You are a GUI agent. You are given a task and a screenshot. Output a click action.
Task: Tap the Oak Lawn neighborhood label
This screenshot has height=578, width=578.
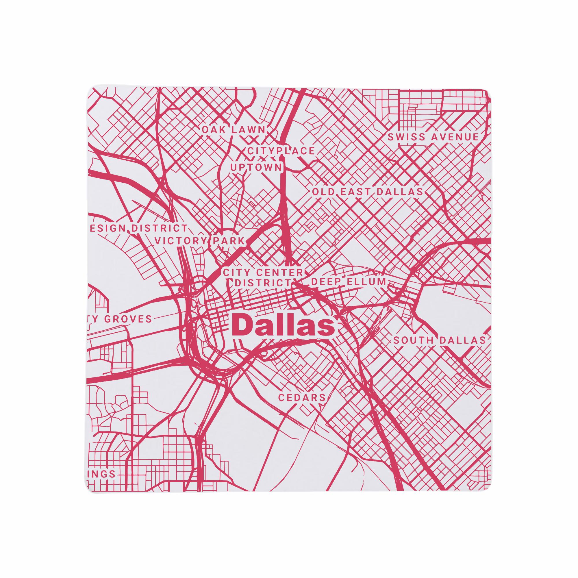[x=234, y=130]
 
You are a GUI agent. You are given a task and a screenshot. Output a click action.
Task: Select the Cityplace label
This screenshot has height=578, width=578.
[x=281, y=151]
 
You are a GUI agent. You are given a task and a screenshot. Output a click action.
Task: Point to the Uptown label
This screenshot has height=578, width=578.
[x=256, y=168]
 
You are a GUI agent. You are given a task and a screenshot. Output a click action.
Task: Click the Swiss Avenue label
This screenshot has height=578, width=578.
[x=433, y=137]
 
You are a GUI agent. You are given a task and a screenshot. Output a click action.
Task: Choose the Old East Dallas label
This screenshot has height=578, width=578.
[x=367, y=192]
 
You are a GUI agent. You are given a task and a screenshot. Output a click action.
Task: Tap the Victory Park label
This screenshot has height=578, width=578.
[x=200, y=241]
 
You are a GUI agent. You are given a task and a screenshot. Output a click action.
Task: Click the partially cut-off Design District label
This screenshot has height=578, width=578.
[x=138, y=228]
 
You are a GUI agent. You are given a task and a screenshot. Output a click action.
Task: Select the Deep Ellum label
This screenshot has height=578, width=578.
[x=349, y=281]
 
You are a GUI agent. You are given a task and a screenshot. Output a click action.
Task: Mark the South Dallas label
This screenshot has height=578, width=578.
[x=439, y=340]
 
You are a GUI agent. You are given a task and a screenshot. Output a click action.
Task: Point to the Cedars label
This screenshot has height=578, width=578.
[x=301, y=398]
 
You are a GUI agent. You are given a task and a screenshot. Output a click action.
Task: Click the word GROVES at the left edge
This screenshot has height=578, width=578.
[x=128, y=319]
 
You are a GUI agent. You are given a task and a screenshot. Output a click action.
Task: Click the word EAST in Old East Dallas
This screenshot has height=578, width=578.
[x=356, y=192]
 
